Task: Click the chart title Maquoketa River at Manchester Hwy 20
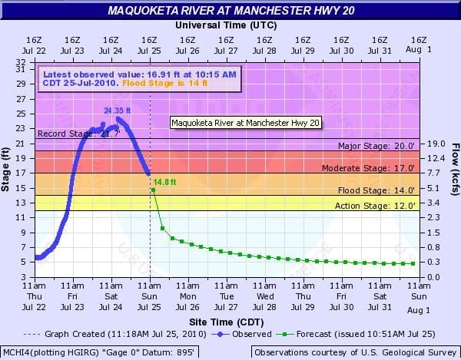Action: pos(230,10)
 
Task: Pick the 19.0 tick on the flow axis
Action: pos(434,144)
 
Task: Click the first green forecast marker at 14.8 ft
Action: pos(153,189)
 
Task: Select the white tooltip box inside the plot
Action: pos(245,122)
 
